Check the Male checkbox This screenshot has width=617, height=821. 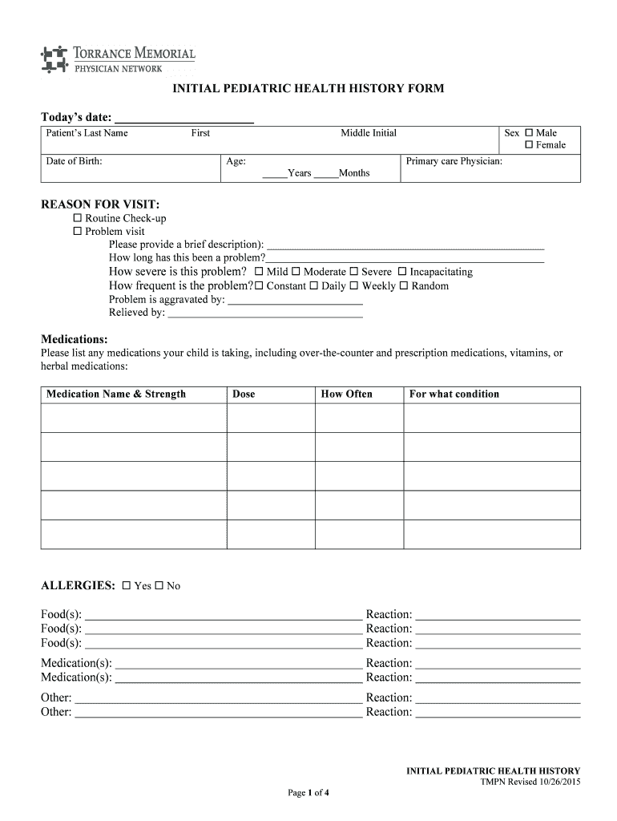529,133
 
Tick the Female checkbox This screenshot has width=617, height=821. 529,145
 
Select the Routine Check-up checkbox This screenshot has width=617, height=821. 78,218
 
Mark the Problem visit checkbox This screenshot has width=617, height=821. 78,231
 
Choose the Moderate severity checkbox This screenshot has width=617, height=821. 296,272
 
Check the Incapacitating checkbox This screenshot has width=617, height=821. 402,272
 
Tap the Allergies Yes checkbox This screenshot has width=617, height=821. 127,586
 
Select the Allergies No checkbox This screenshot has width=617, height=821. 159,586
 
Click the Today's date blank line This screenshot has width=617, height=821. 183,119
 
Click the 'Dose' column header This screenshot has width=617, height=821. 244,394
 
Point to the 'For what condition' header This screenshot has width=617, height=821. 454,394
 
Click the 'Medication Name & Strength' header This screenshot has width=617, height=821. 116,394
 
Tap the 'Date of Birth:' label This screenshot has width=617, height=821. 74,161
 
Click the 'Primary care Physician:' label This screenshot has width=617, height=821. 454,161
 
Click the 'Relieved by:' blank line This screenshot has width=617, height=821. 265,313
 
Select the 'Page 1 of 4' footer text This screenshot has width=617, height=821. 308,793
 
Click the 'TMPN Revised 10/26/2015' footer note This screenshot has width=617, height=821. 530,782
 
